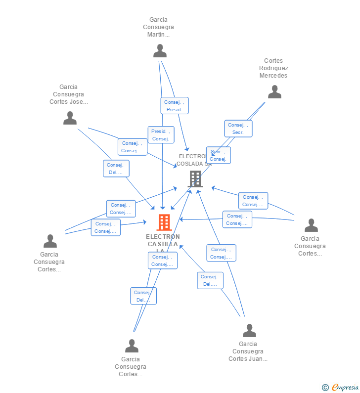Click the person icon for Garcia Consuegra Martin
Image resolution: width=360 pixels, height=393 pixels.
(x=160, y=51)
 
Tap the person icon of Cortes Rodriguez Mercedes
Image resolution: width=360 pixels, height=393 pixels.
(x=274, y=92)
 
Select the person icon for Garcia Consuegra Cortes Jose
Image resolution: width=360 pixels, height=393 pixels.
(x=70, y=118)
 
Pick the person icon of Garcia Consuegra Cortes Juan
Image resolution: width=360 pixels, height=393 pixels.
(x=249, y=331)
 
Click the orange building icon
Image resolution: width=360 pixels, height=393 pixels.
(x=164, y=222)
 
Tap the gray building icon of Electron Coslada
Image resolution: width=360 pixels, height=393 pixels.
(x=195, y=179)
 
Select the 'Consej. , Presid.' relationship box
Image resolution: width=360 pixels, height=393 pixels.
(x=175, y=106)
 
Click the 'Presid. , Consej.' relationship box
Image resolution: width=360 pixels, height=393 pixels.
(x=161, y=135)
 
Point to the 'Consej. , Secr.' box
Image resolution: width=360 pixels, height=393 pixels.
(x=238, y=129)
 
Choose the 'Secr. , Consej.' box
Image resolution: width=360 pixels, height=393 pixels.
(x=218, y=155)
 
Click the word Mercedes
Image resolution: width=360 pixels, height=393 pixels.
(x=273, y=76)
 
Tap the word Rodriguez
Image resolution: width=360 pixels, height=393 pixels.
(x=273, y=68)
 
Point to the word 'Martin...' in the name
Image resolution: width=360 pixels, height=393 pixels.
(x=158, y=35)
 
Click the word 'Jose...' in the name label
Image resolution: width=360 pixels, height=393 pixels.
(x=79, y=102)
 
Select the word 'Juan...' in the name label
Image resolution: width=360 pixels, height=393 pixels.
(x=258, y=359)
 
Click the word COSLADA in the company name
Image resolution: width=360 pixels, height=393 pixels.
(x=190, y=164)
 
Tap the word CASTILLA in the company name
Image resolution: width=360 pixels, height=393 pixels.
(x=163, y=244)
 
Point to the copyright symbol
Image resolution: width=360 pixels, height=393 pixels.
(x=325, y=388)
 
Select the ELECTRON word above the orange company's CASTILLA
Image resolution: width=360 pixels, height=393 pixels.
(x=163, y=236)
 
